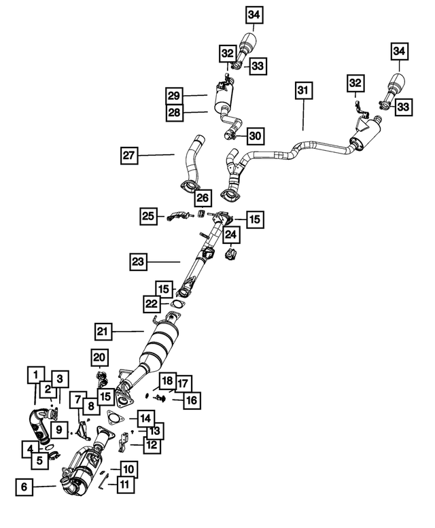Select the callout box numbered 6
(24, 487)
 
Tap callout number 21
(103, 332)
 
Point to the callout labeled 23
(139, 260)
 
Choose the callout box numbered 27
(130, 156)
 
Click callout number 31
(302, 91)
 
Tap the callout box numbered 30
(254, 137)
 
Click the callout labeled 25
(149, 217)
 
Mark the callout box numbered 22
(152, 304)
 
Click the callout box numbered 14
(146, 418)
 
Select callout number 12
(151, 446)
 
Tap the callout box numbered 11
(124, 485)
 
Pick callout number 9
(59, 429)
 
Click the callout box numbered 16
(192, 400)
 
